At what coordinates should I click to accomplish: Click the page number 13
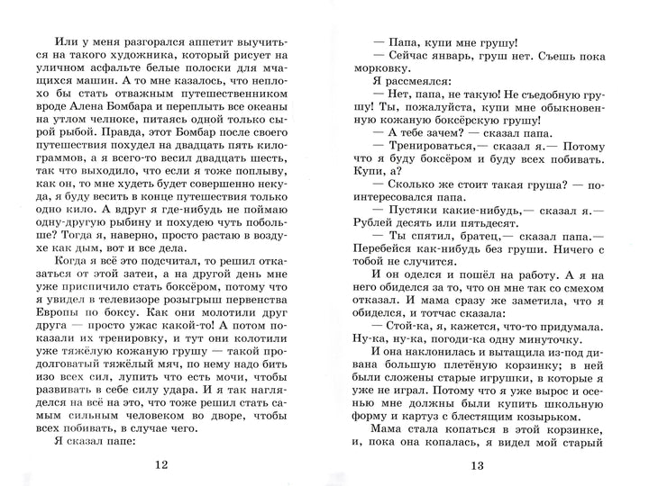point(478,464)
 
